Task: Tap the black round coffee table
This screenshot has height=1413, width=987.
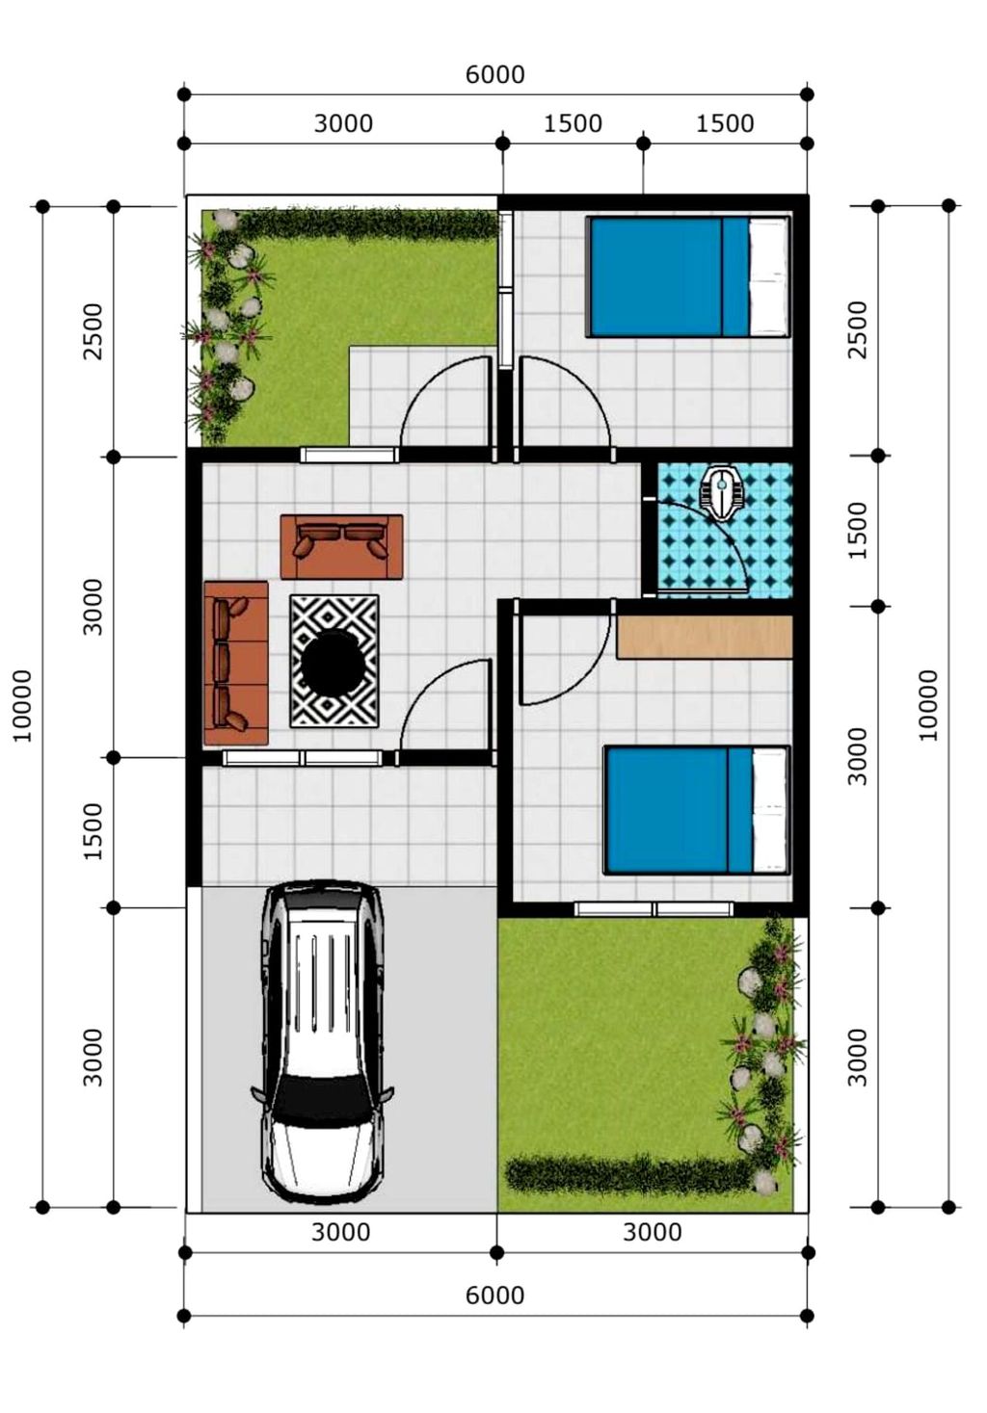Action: coord(333,662)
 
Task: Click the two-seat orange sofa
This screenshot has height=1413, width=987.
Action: coord(341,547)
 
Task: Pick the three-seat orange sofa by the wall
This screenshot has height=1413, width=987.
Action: coord(236,663)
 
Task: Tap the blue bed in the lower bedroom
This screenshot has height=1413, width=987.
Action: coord(697,810)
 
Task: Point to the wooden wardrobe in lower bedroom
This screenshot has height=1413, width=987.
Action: coord(705,637)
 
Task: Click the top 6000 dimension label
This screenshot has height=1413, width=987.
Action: coord(494,74)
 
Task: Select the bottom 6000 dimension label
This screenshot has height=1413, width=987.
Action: coord(494,1296)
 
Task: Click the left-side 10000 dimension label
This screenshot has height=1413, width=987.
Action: coord(23,706)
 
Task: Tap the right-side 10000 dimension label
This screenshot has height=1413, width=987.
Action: coord(928,705)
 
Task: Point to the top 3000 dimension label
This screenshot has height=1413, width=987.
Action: coord(343,123)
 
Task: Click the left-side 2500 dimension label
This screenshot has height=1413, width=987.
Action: coord(93,331)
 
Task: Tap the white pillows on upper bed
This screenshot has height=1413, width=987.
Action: coord(768,277)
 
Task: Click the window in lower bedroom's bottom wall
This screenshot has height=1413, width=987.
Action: coord(654,909)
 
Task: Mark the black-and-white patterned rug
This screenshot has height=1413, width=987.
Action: coord(334,661)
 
